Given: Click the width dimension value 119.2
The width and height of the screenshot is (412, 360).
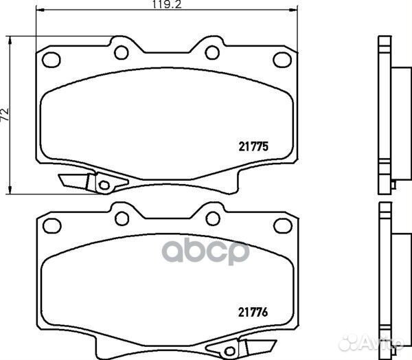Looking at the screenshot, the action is pyautogui.click(x=167, y=4).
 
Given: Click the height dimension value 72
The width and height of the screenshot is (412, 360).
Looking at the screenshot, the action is pyautogui.click(x=5, y=114).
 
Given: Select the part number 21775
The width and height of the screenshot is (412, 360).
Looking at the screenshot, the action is pyautogui.click(x=253, y=146).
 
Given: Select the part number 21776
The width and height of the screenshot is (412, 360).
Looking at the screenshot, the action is pyautogui.click(x=253, y=312).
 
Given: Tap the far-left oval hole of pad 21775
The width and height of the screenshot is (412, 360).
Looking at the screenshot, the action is pyautogui.click(x=51, y=60).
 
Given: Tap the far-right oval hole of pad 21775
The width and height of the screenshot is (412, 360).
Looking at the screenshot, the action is pyautogui.click(x=282, y=60).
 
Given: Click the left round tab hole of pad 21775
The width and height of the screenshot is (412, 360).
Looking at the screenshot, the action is pyautogui.click(x=122, y=52).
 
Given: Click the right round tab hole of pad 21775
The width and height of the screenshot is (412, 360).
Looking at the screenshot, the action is pyautogui.click(x=212, y=52).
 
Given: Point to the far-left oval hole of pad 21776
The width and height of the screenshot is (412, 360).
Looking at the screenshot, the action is pyautogui.click(x=52, y=226).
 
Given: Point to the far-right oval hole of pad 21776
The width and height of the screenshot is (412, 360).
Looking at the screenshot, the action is pyautogui.click(x=283, y=226).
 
